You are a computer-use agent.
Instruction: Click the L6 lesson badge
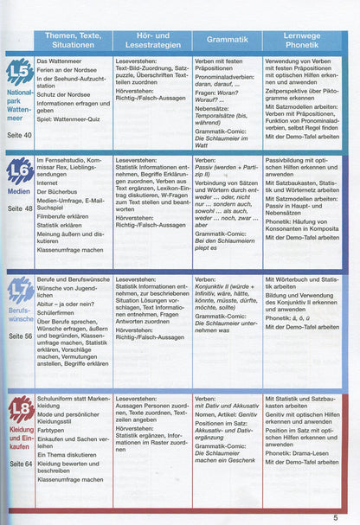coord(18,170)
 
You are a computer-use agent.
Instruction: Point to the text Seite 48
coord(17,208)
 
